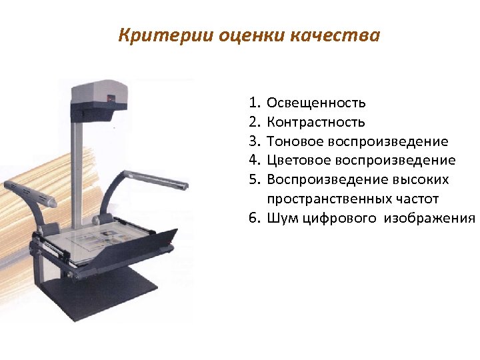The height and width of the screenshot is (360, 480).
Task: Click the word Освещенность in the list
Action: pyautogui.click(x=316, y=103)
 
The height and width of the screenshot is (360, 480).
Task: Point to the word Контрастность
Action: pyautogui.click(x=315, y=122)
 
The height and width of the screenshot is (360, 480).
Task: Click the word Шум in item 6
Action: pyautogui.click(x=281, y=218)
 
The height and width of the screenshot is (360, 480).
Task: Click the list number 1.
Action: pyautogui.click(x=254, y=103)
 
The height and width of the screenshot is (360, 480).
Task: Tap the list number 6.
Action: pyautogui.click(x=254, y=218)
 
